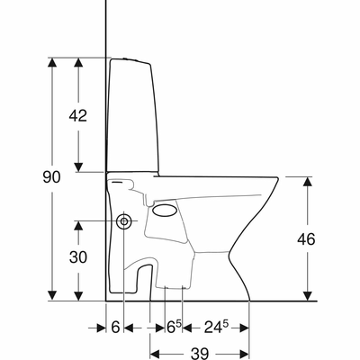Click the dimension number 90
(x=51, y=177)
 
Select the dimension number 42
(x=78, y=115)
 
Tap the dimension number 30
(x=78, y=257)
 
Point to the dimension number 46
(x=306, y=239)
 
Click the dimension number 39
(x=200, y=354)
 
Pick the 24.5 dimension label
(x=217, y=327)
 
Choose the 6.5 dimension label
(x=174, y=327)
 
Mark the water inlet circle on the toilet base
(x=124, y=221)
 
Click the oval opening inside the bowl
(x=164, y=210)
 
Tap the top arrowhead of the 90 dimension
(x=52, y=62)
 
